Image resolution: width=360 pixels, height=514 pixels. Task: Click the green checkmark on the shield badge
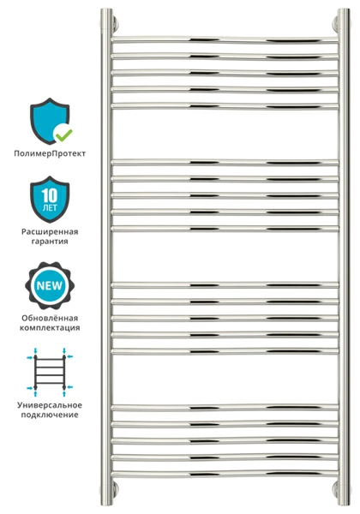(x=64, y=134)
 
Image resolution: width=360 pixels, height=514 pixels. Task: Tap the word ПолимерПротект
(x=50, y=153)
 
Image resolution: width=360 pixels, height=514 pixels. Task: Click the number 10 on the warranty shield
(x=50, y=195)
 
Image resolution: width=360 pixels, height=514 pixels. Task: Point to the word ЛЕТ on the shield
(x=50, y=208)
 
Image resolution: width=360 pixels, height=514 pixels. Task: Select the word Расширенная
(x=50, y=232)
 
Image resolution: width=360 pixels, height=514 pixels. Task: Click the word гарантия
(x=50, y=242)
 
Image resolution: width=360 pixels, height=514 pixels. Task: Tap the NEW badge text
(x=50, y=285)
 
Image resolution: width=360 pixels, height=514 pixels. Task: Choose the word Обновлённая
(x=50, y=318)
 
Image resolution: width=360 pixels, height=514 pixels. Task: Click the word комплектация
(x=50, y=328)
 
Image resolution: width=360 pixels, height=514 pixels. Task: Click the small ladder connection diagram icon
(x=50, y=372)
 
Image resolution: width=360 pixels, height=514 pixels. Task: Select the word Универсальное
(x=50, y=405)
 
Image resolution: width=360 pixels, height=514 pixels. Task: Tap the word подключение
(x=50, y=415)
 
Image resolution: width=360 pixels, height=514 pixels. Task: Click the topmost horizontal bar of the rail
(x=225, y=39)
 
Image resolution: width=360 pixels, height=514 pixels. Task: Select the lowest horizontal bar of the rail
(x=225, y=474)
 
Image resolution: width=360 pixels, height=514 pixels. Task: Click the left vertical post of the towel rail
(x=106, y=257)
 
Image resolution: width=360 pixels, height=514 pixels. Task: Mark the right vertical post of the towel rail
(x=344, y=257)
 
